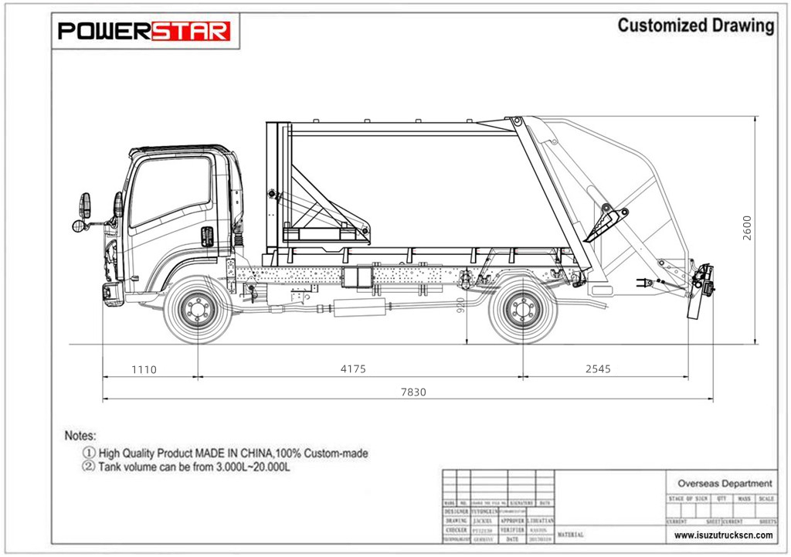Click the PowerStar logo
tap(144, 31)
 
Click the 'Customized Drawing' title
tap(695, 25)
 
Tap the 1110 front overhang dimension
tap(144, 369)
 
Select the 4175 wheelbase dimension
tap(353, 369)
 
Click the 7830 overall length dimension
tap(412, 392)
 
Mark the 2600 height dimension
tap(746, 228)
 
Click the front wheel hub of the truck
tap(197, 310)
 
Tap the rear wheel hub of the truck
tap(523, 310)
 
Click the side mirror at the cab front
tap(85, 206)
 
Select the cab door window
tap(170, 189)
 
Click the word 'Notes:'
tap(80, 436)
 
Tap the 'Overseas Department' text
tap(724, 483)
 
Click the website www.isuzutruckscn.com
tap(724, 535)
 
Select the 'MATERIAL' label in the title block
tap(570, 535)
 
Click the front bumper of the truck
tap(112, 292)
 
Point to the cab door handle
tap(208, 236)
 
